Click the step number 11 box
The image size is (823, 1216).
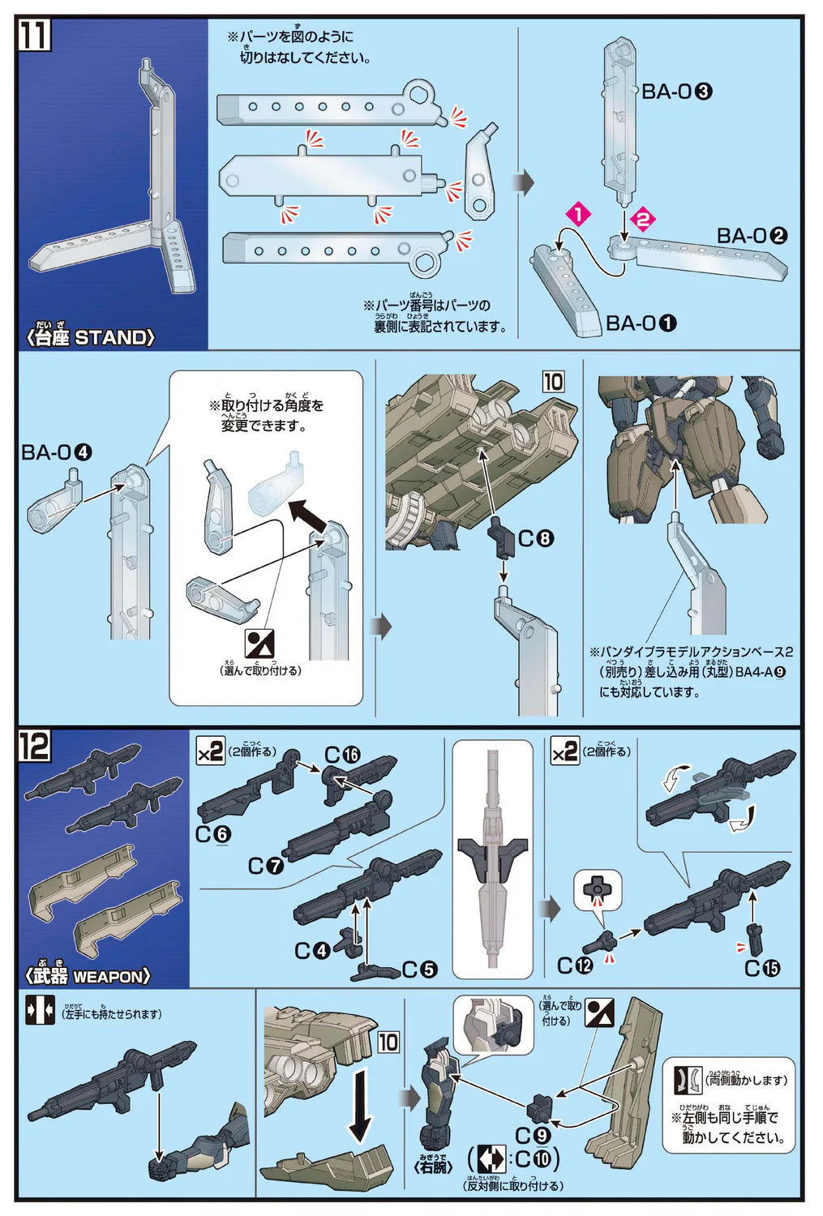coord(34,35)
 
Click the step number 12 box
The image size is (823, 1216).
coord(34,746)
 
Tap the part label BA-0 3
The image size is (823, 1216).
coord(676,92)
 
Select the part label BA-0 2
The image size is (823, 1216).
coord(752,236)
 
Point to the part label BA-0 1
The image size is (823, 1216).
coord(641,323)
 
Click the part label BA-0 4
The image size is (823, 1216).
coord(56,452)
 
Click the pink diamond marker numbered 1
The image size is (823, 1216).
coord(579,215)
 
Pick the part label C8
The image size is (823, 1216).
coord(535,537)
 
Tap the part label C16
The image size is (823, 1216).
coord(342,755)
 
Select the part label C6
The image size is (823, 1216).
coord(213,834)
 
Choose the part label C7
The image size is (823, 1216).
coord(266,866)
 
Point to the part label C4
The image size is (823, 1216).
coord(312,950)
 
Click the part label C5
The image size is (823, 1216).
coord(419,969)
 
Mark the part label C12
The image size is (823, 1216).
coord(575,966)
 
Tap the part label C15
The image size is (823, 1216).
coord(762,968)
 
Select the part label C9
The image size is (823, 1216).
coord(533,1135)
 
